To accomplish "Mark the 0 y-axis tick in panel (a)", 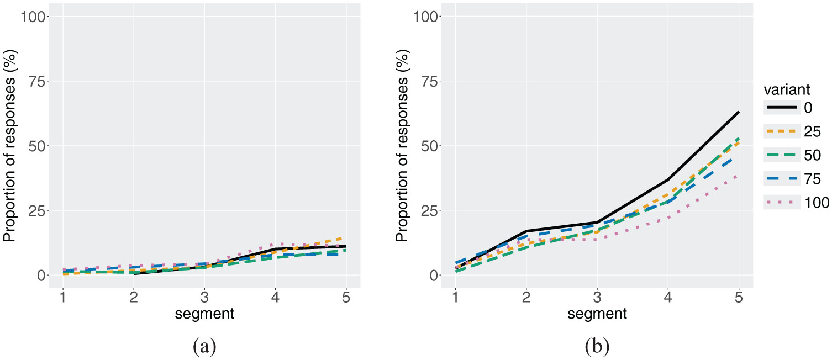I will [x=42, y=275].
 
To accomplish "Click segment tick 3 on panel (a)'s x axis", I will [x=204, y=298].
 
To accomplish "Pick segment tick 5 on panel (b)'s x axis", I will [x=739, y=298].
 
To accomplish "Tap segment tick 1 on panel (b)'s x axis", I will [x=455, y=298].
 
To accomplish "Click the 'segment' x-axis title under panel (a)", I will [x=204, y=315].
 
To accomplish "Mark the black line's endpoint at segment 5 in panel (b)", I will [x=739, y=112].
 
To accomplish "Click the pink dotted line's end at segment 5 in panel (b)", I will [x=739, y=176].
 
